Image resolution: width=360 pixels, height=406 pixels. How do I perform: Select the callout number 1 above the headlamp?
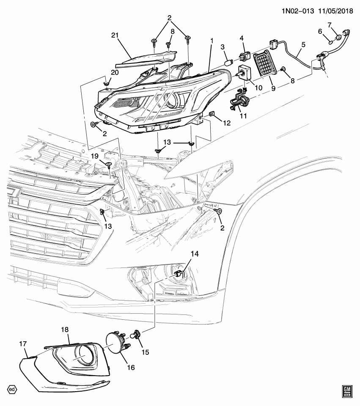pyautogui.click(x=211, y=41)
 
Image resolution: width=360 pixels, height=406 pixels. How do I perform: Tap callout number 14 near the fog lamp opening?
pyautogui.click(x=194, y=254)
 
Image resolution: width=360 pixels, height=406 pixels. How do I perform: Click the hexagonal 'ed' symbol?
pyautogui.click(x=13, y=390)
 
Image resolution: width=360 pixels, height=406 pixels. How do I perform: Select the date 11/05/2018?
pyautogui.click(x=334, y=9)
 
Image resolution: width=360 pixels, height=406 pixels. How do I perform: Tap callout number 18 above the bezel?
pyautogui.click(x=64, y=329)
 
